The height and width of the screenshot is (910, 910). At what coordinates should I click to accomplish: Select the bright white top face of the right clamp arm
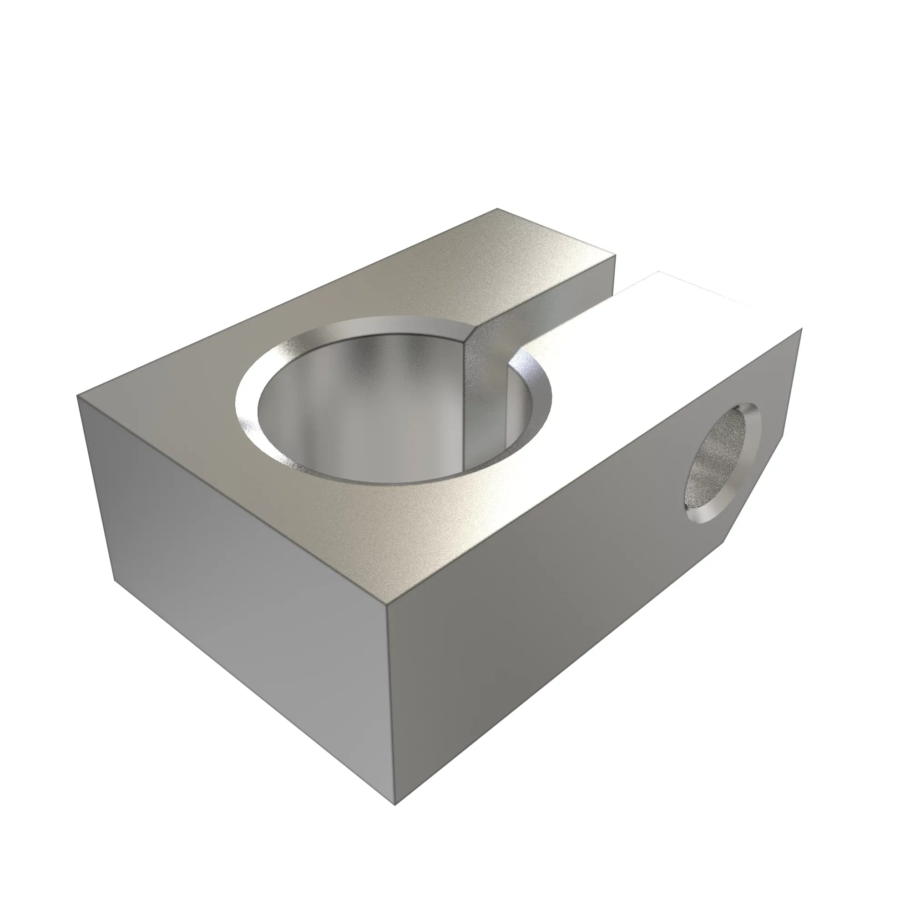659,339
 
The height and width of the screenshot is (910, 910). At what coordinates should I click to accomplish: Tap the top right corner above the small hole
801,330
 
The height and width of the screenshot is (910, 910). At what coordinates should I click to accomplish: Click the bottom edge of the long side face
565,669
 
